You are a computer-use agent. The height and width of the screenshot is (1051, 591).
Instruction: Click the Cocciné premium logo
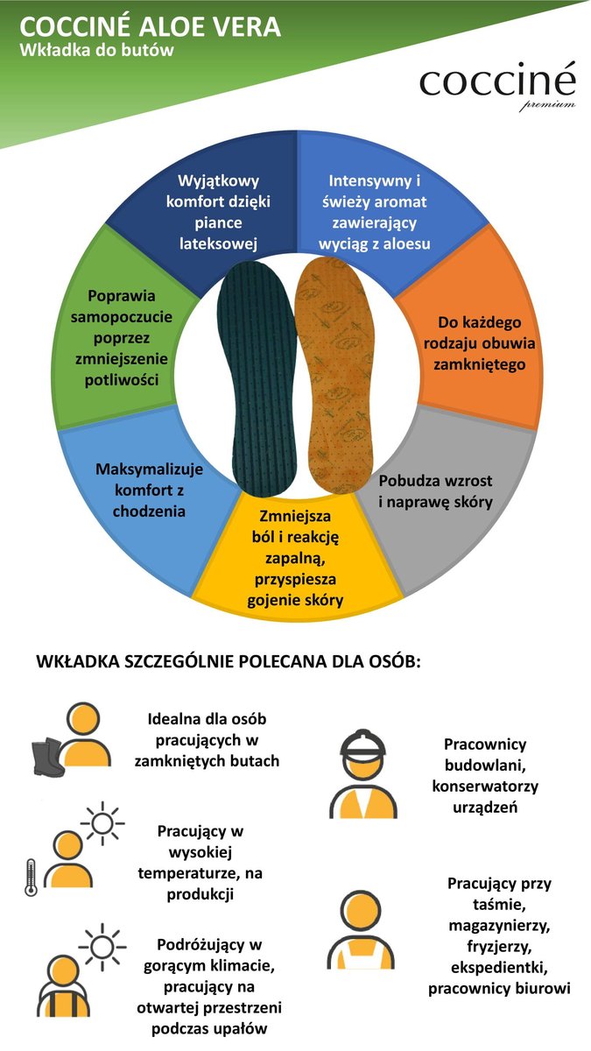[x=497, y=86]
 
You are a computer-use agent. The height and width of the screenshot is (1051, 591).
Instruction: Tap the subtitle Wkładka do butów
[x=97, y=51]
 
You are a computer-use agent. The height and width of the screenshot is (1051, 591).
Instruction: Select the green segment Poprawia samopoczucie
[x=122, y=337]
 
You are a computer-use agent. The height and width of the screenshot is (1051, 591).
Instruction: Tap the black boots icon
[x=46, y=757]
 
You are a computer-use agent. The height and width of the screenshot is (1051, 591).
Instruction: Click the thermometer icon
[x=31, y=877]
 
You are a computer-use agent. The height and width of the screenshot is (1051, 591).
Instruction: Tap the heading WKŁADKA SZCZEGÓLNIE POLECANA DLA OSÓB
[x=229, y=661]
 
